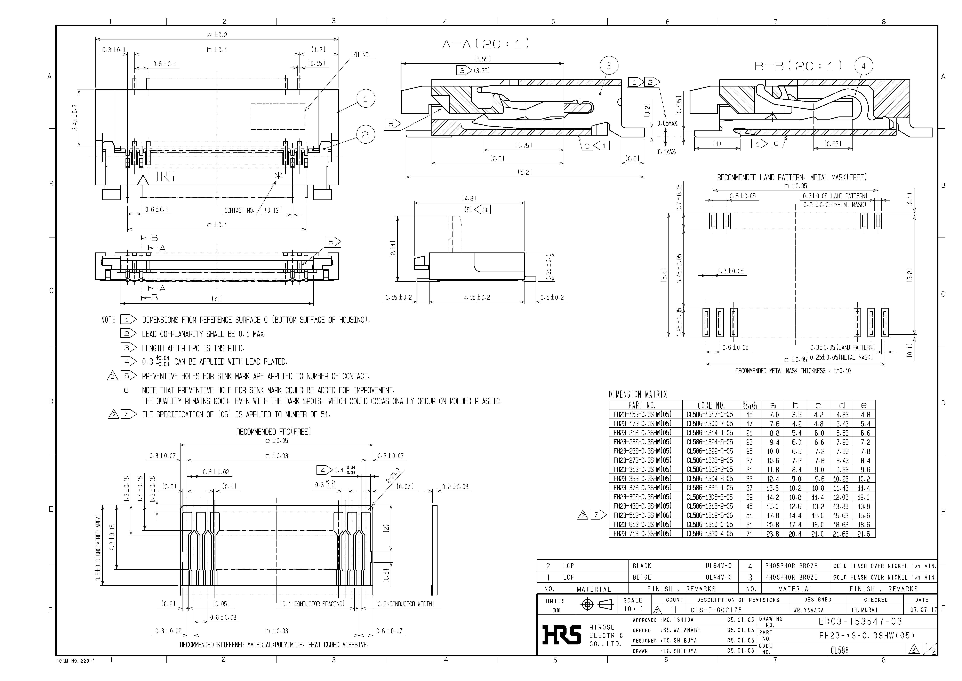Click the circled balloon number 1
(x=365, y=99)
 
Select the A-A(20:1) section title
(x=486, y=44)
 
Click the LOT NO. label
(x=360, y=55)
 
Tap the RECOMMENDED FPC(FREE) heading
(x=274, y=431)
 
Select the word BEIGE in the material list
(x=642, y=577)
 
